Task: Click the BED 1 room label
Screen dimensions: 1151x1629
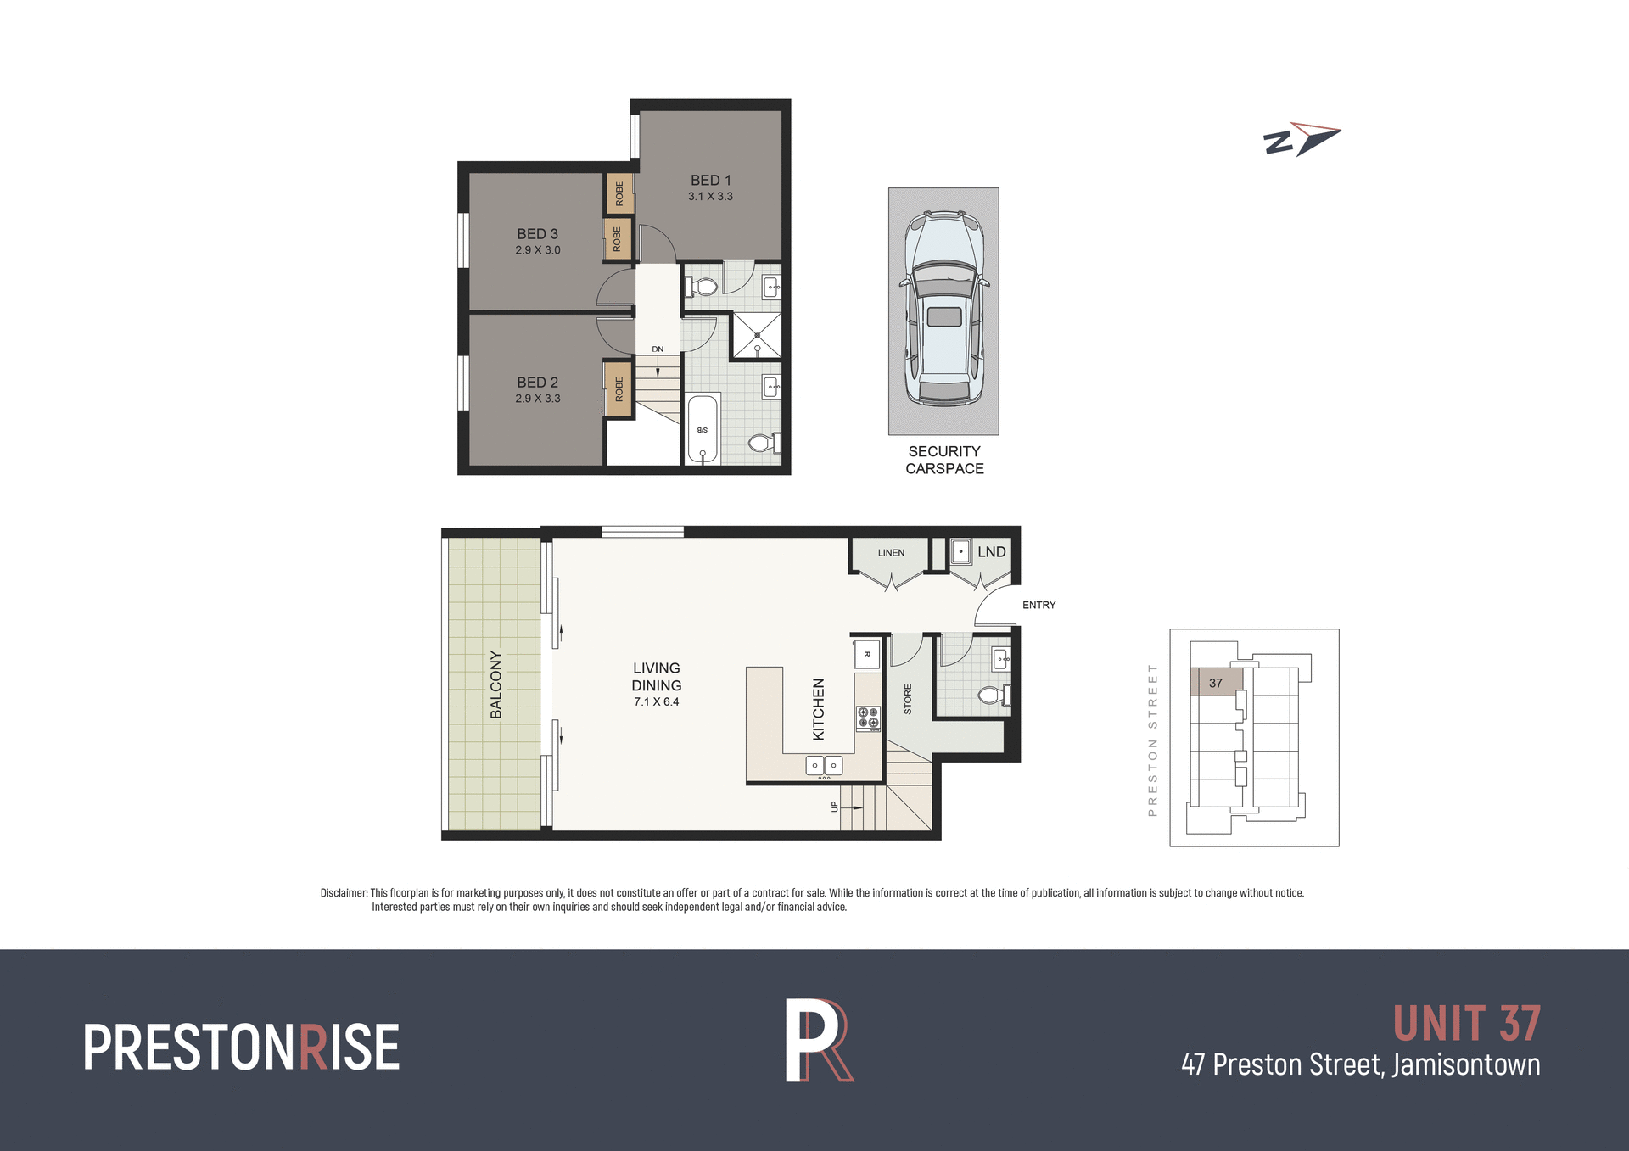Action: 710,181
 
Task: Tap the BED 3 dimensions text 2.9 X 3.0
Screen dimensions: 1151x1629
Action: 538,250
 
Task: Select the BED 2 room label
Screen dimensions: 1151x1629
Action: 538,383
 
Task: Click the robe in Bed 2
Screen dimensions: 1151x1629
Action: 619,389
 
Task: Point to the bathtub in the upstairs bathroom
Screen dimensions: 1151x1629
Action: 703,429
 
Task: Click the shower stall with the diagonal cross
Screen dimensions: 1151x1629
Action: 757,336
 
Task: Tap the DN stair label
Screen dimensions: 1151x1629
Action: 658,349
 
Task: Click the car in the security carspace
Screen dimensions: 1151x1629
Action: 943,310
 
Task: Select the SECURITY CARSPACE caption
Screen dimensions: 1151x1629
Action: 944,460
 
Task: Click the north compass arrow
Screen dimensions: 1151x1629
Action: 1302,140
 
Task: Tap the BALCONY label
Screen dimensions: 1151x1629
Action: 496,684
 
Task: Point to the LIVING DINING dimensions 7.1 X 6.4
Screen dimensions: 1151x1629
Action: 657,702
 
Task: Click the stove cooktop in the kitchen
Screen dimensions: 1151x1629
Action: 868,718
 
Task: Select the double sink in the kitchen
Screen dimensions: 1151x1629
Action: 824,766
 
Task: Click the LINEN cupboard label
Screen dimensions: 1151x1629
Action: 891,553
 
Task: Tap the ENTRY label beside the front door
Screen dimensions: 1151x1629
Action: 1038,606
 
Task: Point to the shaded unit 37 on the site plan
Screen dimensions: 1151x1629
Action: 1217,682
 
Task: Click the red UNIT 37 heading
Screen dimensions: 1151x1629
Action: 1466,1024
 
